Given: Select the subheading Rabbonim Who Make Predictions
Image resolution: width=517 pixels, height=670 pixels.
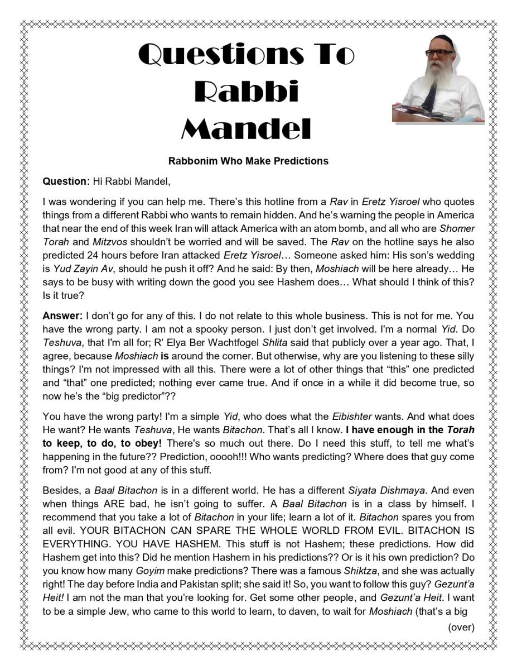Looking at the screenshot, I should point(248,161).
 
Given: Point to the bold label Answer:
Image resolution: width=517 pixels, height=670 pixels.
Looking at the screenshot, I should point(62,315).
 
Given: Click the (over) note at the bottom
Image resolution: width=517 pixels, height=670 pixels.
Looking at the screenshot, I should point(461,627).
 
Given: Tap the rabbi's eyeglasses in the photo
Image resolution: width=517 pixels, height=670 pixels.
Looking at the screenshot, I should point(440,52).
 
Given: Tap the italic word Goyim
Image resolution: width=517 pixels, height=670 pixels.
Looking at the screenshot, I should point(150,571).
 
